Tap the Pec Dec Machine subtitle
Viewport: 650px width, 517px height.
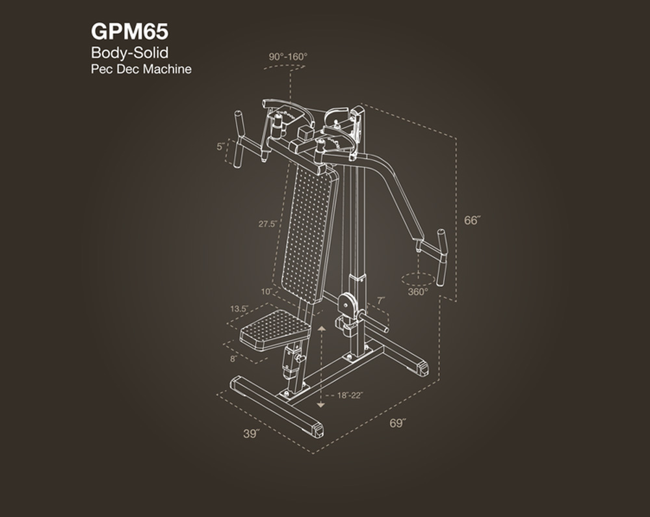pyautogui.click(x=141, y=69)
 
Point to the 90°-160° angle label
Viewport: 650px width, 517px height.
pyautogui.click(x=288, y=57)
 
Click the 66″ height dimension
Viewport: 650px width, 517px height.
pyautogui.click(x=472, y=220)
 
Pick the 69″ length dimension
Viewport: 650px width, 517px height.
pyautogui.click(x=398, y=423)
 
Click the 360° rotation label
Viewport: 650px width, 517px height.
pyautogui.click(x=418, y=292)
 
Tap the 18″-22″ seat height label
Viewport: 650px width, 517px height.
pyautogui.click(x=350, y=395)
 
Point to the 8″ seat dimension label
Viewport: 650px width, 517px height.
pyautogui.click(x=233, y=358)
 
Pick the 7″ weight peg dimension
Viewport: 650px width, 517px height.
pyautogui.click(x=381, y=300)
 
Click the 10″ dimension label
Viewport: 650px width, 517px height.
pyautogui.click(x=266, y=292)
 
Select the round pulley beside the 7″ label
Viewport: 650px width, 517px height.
pyautogui.click(x=346, y=303)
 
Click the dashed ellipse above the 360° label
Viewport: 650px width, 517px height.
pyautogui.click(x=418, y=279)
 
